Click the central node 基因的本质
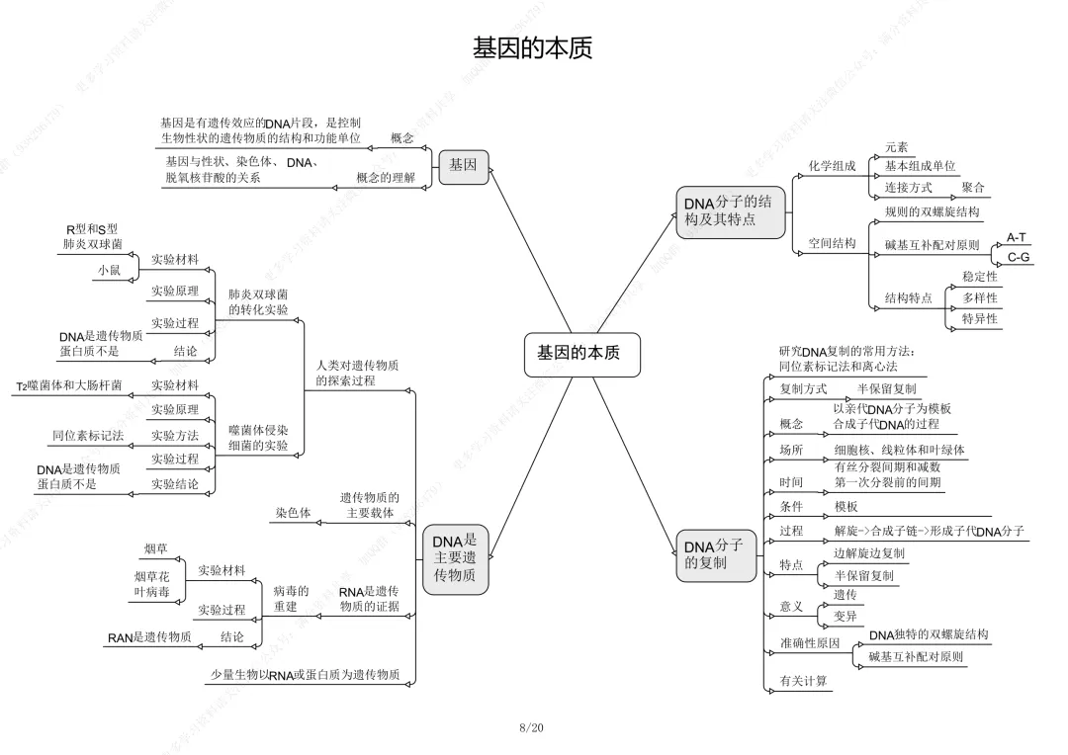(578, 353)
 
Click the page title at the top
(532, 48)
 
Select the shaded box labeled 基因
(463, 165)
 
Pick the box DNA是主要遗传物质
(455, 558)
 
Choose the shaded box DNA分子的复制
(713, 554)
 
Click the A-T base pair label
(1017, 237)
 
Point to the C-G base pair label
(1019, 258)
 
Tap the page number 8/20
(531, 728)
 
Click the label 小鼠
(109, 270)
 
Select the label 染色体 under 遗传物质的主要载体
(293, 513)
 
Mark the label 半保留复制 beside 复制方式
(886, 389)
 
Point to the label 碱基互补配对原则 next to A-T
(932, 244)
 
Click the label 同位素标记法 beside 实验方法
(88, 435)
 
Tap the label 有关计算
(804, 681)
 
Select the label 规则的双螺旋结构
(932, 211)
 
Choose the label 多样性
(980, 297)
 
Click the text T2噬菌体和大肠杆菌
(69, 385)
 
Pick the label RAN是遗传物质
(149, 637)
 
